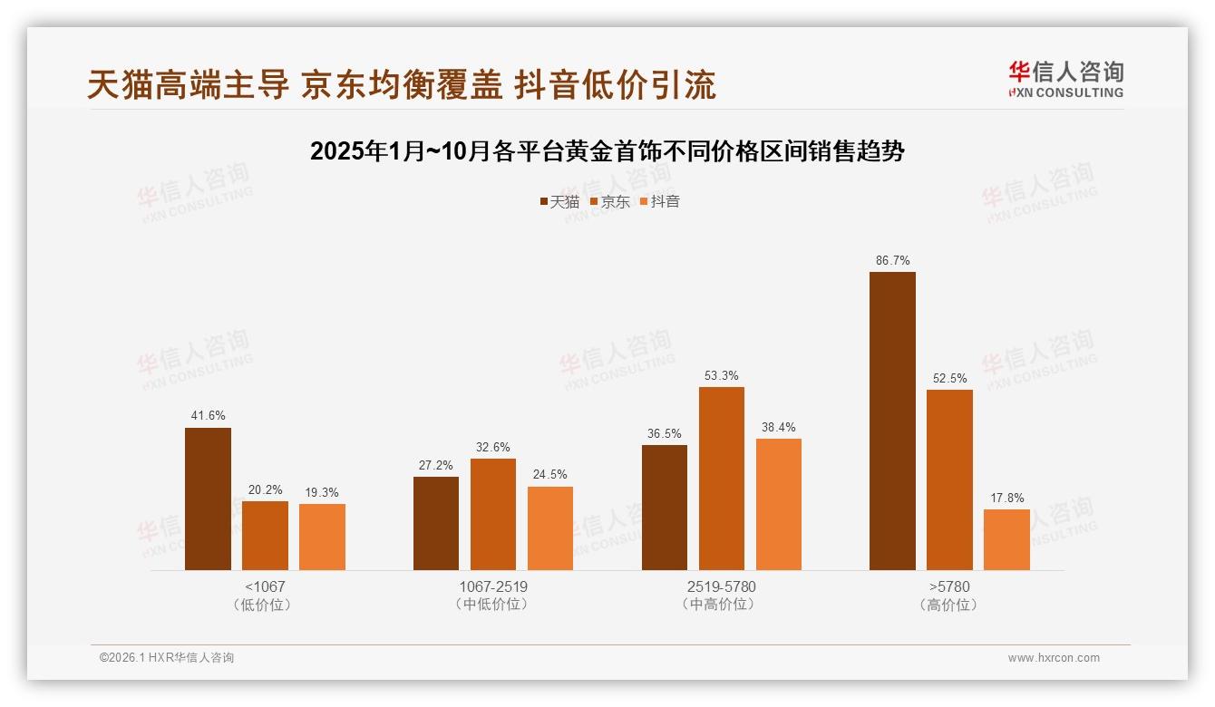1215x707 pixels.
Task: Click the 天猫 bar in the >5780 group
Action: point(892,421)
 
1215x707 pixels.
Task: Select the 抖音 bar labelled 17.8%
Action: point(1006,540)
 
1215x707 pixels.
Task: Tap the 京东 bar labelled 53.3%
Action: point(721,479)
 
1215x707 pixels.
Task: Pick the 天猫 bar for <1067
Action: point(208,499)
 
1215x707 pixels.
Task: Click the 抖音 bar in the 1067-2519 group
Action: point(550,528)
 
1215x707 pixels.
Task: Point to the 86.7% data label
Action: point(892,260)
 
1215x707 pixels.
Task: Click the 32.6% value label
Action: point(493,447)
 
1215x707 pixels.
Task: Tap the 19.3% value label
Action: point(322,492)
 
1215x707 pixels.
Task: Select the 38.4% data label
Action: point(778,427)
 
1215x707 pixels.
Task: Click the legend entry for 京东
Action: point(609,202)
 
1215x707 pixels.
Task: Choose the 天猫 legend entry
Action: point(559,202)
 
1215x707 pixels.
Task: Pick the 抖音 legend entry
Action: point(660,202)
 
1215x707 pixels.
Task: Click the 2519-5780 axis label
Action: point(721,586)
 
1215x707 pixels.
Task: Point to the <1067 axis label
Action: point(264,586)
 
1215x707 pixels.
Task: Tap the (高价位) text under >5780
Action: point(948,605)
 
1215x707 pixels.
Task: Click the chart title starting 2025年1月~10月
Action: point(607,151)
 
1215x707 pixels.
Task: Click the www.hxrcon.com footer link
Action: point(1053,658)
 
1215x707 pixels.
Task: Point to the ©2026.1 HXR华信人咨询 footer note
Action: point(167,658)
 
